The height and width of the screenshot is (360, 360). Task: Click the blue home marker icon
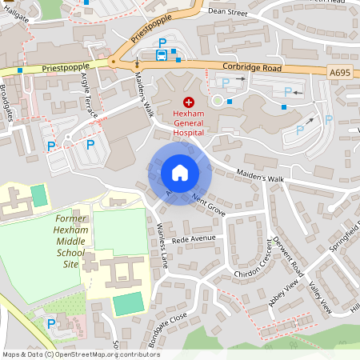click(179, 172)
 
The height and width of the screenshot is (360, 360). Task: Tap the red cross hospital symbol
click(189, 102)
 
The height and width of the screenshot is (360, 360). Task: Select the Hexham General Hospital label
click(189, 123)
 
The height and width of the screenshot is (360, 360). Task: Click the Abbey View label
click(285, 294)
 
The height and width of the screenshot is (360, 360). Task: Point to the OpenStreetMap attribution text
click(81, 354)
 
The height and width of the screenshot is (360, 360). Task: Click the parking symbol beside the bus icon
click(162, 42)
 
